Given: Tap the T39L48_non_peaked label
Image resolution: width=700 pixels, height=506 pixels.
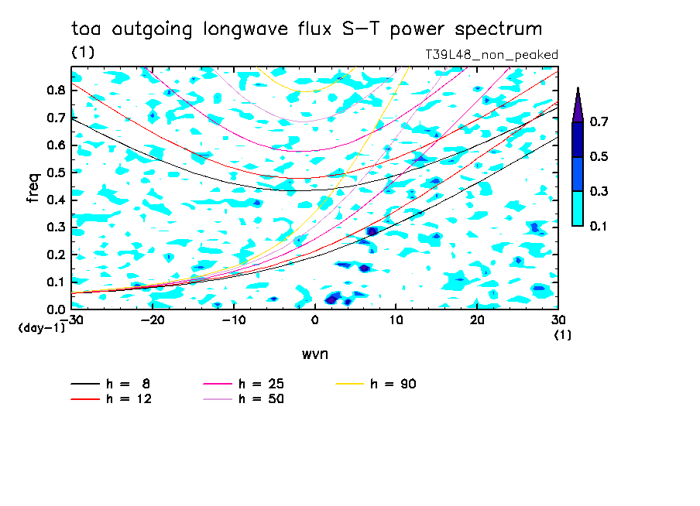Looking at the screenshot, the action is (x=492, y=55).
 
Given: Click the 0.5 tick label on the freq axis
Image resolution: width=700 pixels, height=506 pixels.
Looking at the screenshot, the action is (x=56, y=173).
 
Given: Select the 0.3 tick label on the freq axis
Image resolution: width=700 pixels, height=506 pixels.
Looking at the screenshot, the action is (x=56, y=227).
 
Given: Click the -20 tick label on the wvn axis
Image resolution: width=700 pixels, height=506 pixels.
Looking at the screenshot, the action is (x=153, y=320).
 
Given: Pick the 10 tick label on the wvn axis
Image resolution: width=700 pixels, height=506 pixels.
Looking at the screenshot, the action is (x=396, y=320).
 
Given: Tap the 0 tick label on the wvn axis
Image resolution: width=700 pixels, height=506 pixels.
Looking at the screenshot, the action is (x=314, y=320).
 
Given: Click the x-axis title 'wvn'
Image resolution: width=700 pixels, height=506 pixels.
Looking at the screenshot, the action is (x=315, y=354).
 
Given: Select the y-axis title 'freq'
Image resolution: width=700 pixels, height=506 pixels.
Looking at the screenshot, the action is (x=33, y=188).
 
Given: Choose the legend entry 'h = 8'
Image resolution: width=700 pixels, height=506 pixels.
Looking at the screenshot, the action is (x=110, y=384).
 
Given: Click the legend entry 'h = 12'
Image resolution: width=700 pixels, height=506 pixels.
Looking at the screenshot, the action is (x=112, y=398).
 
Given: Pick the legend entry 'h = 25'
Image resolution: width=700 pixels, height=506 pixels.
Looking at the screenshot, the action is (x=243, y=384).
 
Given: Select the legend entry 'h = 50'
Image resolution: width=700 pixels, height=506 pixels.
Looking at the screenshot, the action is (x=243, y=398).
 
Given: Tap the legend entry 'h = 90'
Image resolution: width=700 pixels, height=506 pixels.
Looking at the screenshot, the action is (x=376, y=384).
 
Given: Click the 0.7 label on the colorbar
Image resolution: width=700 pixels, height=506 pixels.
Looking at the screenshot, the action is (x=599, y=121).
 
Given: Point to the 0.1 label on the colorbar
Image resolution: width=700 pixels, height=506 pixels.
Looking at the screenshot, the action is (x=599, y=226).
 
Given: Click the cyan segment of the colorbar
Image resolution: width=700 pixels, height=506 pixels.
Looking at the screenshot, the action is (x=578, y=208).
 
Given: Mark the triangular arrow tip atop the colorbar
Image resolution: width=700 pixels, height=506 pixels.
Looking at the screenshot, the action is (x=578, y=88).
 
